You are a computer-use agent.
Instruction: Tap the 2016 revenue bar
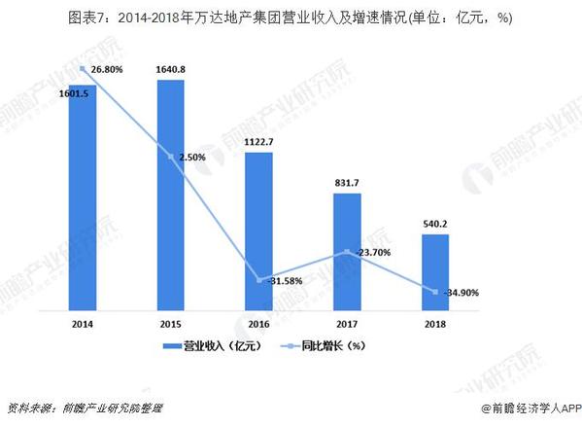[258, 229]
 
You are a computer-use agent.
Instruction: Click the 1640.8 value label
[170, 69]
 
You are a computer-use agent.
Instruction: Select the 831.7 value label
[347, 183]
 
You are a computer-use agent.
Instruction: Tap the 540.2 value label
[435, 223]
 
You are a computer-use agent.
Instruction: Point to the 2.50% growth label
[194, 157]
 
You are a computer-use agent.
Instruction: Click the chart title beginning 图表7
[291, 18]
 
